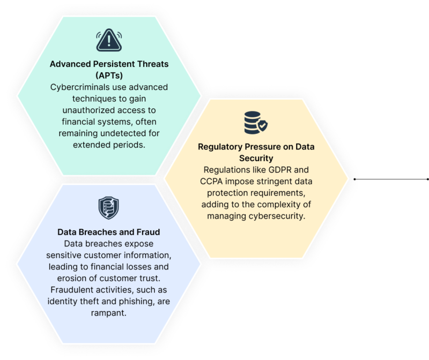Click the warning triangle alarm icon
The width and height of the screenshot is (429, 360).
tap(109, 40)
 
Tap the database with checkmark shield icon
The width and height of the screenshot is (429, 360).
tap(256, 123)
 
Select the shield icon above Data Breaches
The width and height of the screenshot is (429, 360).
tap(109, 208)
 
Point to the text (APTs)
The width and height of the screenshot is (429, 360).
tap(109, 76)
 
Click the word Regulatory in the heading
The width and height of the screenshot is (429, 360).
tap(220, 147)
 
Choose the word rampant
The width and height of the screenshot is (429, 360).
tap(109, 313)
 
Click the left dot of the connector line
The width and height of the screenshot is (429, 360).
tap(354, 179)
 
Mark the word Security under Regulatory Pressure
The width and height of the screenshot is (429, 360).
tap(256, 158)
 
